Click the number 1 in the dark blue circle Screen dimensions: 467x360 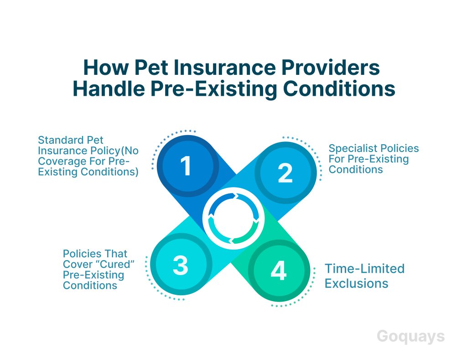186,166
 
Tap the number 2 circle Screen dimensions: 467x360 285,172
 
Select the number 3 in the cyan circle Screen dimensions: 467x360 181,265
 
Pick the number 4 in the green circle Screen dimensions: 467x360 279,271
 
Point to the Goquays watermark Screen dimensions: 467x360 411,337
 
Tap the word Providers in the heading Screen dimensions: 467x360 331,68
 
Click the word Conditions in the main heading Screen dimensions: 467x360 339,89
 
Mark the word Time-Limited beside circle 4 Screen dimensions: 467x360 364,268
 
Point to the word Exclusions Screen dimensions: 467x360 357,283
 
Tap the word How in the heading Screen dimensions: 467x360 106,68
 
